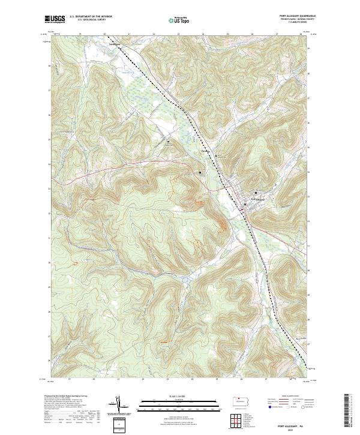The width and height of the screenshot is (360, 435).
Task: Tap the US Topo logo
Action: coord(174,19)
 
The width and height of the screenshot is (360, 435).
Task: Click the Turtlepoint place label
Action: coord(114,44)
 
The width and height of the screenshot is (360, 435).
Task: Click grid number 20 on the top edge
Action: coord(104,34)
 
